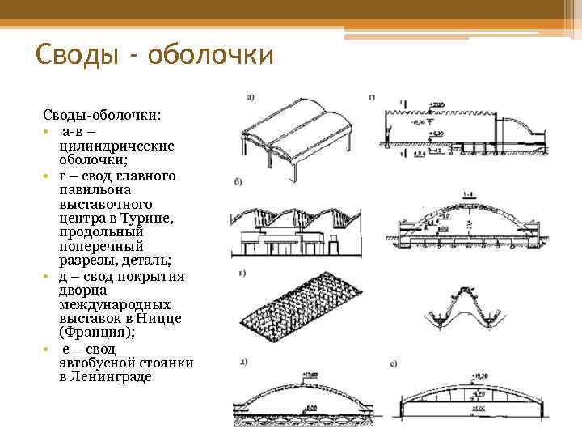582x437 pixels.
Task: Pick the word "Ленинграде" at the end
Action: click(x=105, y=378)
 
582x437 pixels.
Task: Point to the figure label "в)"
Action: click(x=241, y=273)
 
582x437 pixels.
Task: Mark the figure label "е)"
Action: click(x=392, y=364)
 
